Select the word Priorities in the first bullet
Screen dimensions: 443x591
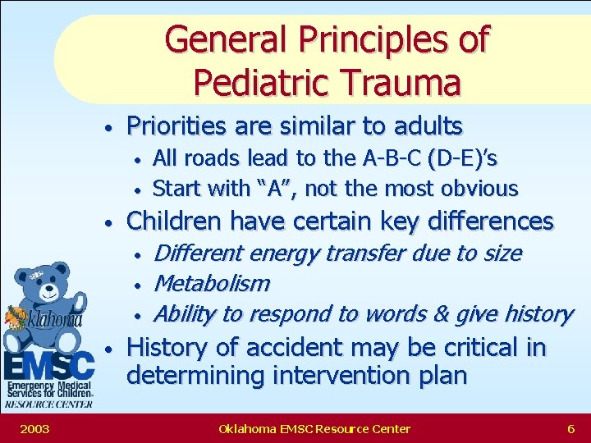pos(174,126)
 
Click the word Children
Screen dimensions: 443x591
pos(175,221)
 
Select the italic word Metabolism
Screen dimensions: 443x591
pos(212,284)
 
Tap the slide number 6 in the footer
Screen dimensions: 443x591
pos(570,428)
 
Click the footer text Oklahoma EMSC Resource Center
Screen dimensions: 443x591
pos(314,428)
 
